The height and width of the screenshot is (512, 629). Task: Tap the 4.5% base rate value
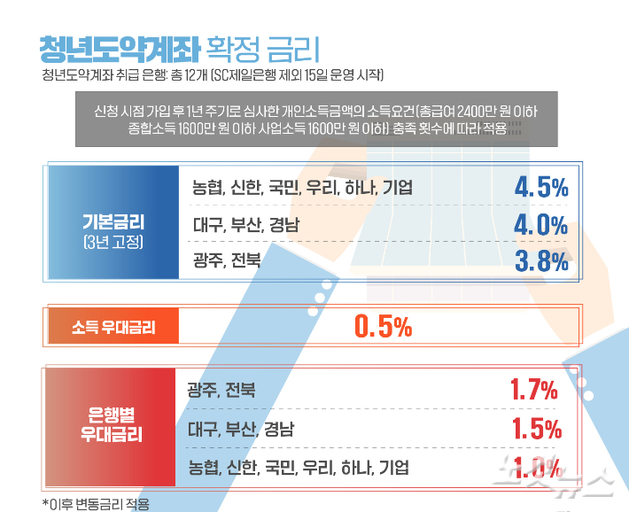pyautogui.click(x=540, y=187)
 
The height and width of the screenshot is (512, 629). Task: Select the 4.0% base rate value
pyautogui.click(x=540, y=224)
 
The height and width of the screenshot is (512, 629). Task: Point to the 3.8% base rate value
pyautogui.click(x=540, y=260)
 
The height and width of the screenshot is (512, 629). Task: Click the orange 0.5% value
pyautogui.click(x=383, y=327)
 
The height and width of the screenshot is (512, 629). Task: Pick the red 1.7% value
pyautogui.click(x=534, y=389)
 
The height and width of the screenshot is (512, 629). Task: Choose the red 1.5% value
pyautogui.click(x=537, y=429)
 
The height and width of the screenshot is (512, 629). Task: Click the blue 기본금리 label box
pyautogui.click(x=113, y=222)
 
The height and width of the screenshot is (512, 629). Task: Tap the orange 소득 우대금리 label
pyautogui.click(x=113, y=327)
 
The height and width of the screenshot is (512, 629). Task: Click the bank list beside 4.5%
pyautogui.click(x=301, y=187)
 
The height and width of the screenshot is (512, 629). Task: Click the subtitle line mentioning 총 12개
pyautogui.click(x=213, y=74)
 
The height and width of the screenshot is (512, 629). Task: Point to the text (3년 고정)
pyautogui.click(x=113, y=241)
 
